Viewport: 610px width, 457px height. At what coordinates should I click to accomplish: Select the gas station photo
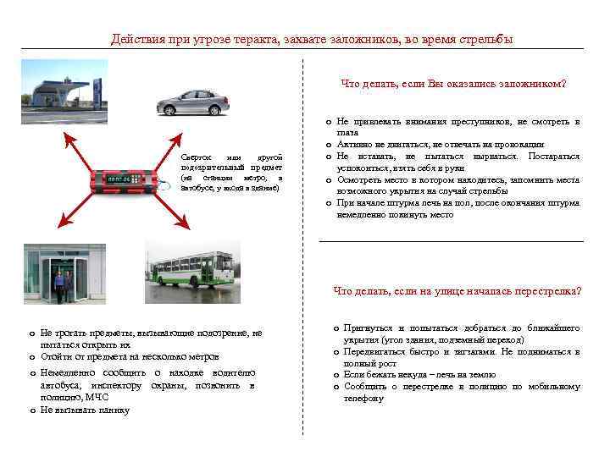pyautogui.click(x=63, y=96)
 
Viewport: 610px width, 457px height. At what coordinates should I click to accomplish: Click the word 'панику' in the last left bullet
pyautogui.click(x=112, y=410)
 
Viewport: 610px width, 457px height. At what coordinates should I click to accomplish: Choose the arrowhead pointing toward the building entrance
pyautogui.click(x=56, y=226)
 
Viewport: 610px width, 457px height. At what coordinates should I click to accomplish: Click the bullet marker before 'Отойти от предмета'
pyautogui.click(x=31, y=356)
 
